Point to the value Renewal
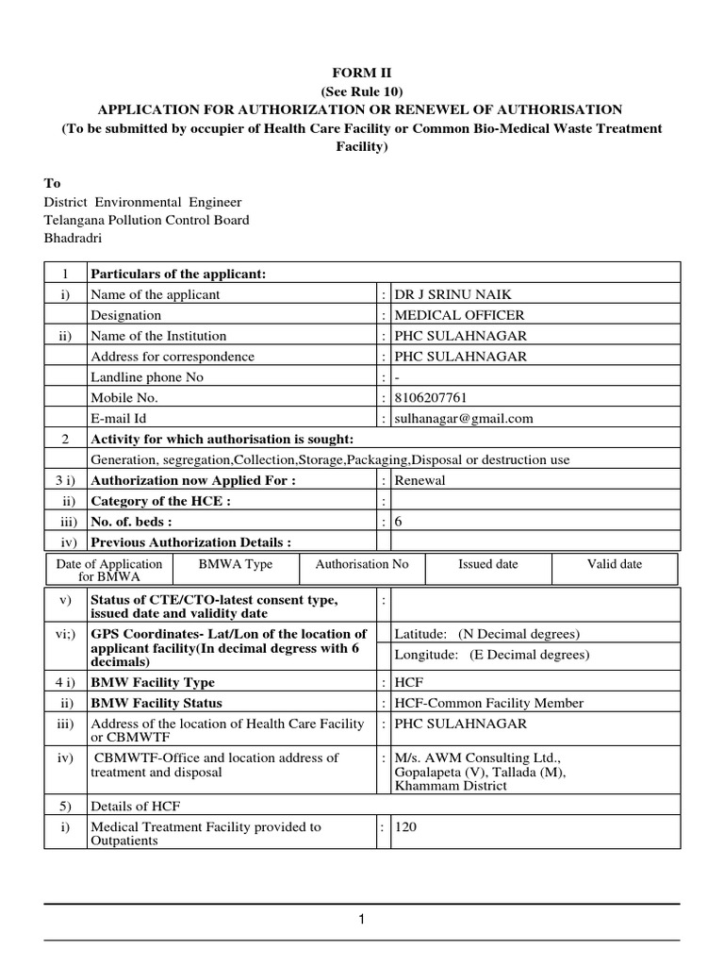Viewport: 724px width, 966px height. coord(420,479)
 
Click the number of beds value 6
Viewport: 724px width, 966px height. coord(399,521)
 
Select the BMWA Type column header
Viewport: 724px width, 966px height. coord(236,564)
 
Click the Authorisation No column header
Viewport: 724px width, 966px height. coord(362,564)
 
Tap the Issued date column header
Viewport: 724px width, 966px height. coord(487,564)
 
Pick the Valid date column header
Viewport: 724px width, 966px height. coord(615,564)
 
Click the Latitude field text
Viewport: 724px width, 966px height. coord(486,634)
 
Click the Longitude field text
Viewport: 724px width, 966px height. coord(491,655)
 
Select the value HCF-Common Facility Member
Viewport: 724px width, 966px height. coord(488,703)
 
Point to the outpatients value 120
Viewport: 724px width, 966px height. coord(405,826)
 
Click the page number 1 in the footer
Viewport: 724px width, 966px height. coord(361,921)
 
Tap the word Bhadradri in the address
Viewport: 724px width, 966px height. coord(73,239)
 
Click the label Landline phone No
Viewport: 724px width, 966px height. coord(146,376)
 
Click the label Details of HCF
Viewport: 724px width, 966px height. coord(135,806)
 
